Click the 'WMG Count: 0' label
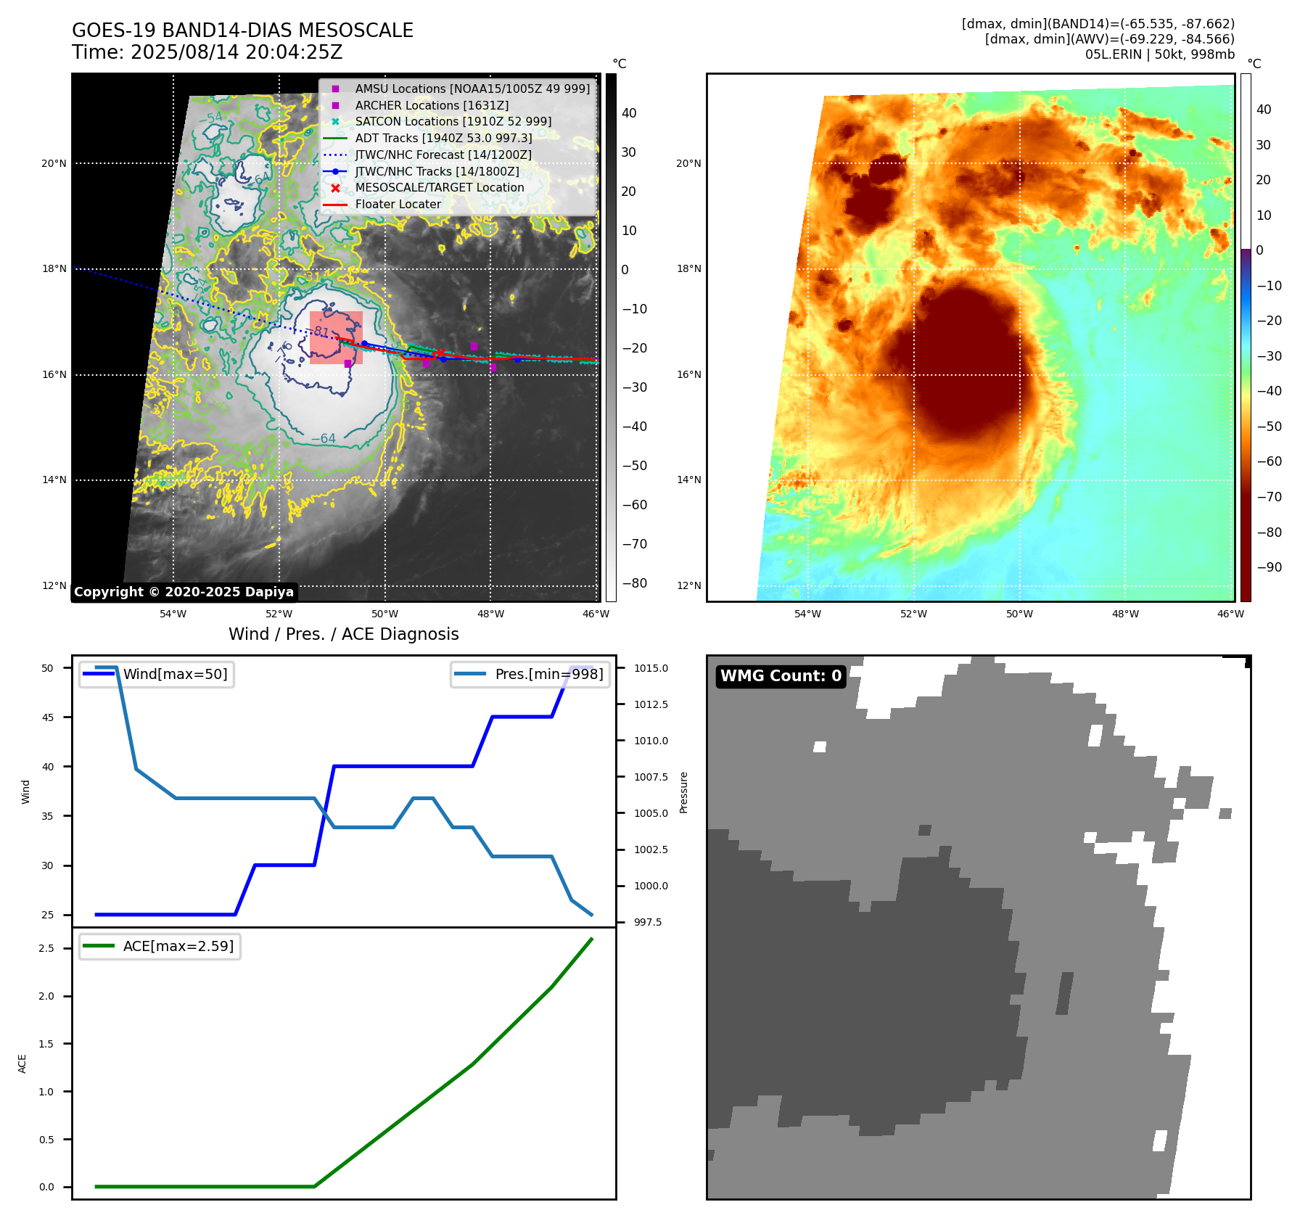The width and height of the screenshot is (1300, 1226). tap(781, 676)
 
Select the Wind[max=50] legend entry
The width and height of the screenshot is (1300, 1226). tap(175, 674)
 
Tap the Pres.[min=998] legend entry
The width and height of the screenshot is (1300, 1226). tap(548, 674)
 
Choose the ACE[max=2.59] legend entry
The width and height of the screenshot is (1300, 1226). tap(178, 946)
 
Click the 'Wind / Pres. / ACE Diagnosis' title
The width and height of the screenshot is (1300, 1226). tap(343, 634)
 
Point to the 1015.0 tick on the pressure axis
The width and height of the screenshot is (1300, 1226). tap(651, 668)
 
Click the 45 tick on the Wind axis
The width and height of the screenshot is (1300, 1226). tap(48, 717)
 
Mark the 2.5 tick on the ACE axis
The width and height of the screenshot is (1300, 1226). tap(46, 948)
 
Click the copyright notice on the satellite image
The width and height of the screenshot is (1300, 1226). tap(184, 592)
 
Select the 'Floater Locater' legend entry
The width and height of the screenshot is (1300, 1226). tap(398, 205)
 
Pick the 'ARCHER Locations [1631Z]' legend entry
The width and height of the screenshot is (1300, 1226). tap(432, 105)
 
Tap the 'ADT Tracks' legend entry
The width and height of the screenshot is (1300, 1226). tap(443, 138)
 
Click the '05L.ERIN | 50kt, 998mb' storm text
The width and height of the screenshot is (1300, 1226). tap(1159, 54)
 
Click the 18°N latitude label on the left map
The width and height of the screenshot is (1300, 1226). tap(54, 268)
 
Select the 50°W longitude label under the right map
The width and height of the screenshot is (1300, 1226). tap(1019, 614)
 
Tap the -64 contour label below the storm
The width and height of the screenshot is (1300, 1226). tap(324, 438)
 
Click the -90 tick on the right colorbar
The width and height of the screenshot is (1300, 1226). tap(1269, 567)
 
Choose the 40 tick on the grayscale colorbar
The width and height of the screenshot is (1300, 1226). tap(629, 113)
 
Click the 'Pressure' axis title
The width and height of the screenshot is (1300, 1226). tap(683, 792)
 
